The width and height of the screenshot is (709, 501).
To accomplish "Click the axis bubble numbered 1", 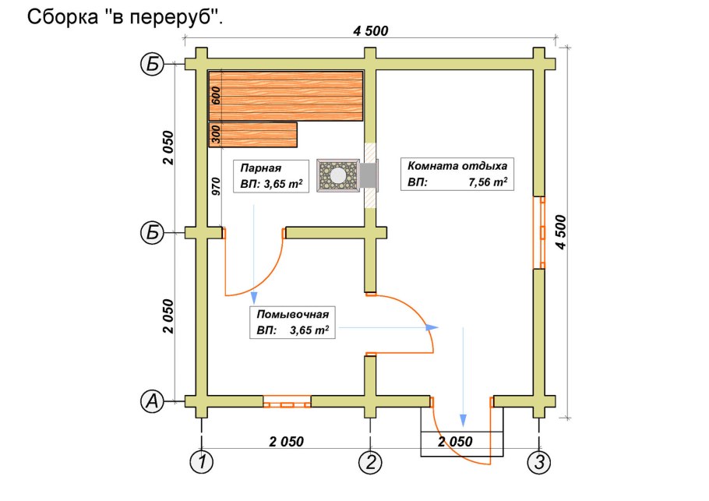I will (x=202, y=462).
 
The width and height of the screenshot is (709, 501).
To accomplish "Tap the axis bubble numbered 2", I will (x=370, y=462).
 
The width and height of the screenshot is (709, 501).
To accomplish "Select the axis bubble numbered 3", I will (x=538, y=462).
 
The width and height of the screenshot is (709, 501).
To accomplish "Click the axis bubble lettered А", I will (x=153, y=401).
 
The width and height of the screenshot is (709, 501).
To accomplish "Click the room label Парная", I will (x=260, y=168).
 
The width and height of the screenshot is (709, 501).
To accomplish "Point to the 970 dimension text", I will (x=217, y=185).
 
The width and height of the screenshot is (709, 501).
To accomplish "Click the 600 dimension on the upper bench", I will (x=217, y=96).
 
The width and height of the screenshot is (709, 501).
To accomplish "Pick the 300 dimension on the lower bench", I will (x=217, y=134).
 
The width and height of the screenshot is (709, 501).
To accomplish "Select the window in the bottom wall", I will (x=287, y=403).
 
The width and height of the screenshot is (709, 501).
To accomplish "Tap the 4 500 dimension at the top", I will (x=370, y=31).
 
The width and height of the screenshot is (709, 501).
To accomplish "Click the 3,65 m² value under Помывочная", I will (x=308, y=331).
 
